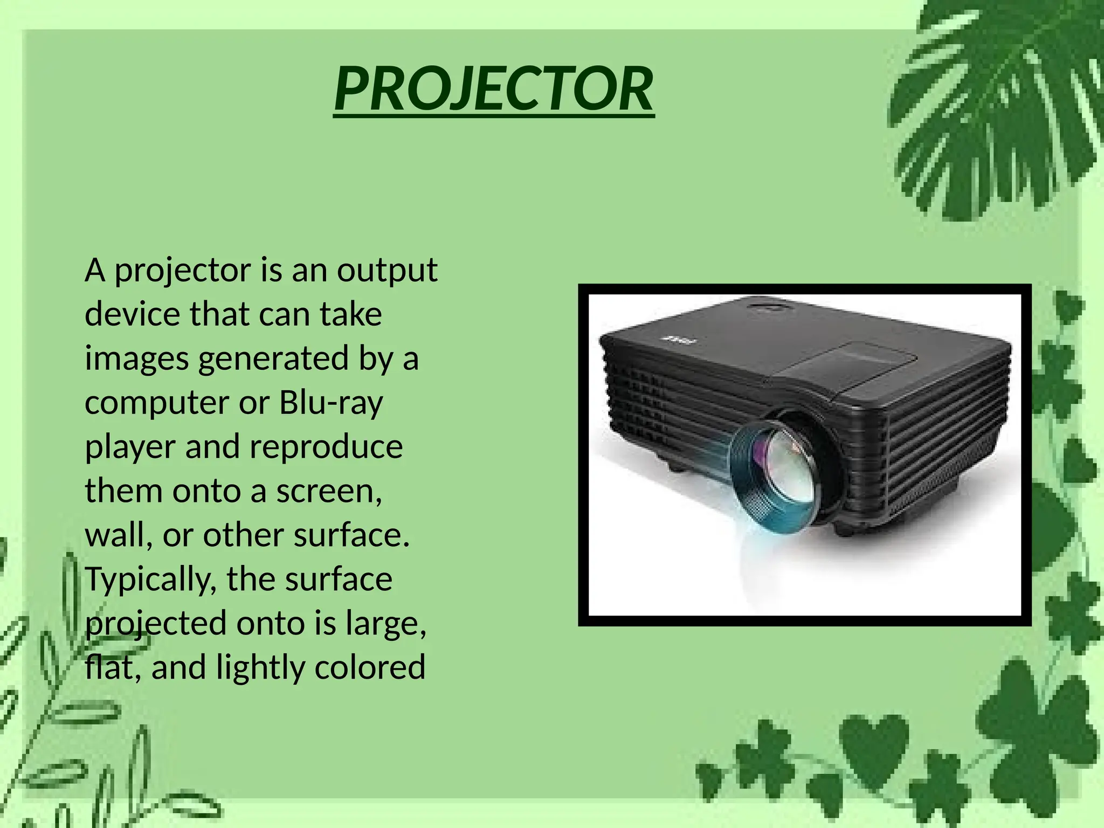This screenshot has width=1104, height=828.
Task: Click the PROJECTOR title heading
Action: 494,89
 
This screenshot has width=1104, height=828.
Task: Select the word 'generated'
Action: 273,359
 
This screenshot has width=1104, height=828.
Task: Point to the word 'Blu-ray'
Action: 331,403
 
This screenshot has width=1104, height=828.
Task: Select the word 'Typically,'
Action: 150,580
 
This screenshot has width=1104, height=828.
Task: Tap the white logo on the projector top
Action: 679,341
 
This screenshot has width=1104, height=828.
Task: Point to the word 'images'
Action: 136,359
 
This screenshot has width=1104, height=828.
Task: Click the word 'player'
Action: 129,447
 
